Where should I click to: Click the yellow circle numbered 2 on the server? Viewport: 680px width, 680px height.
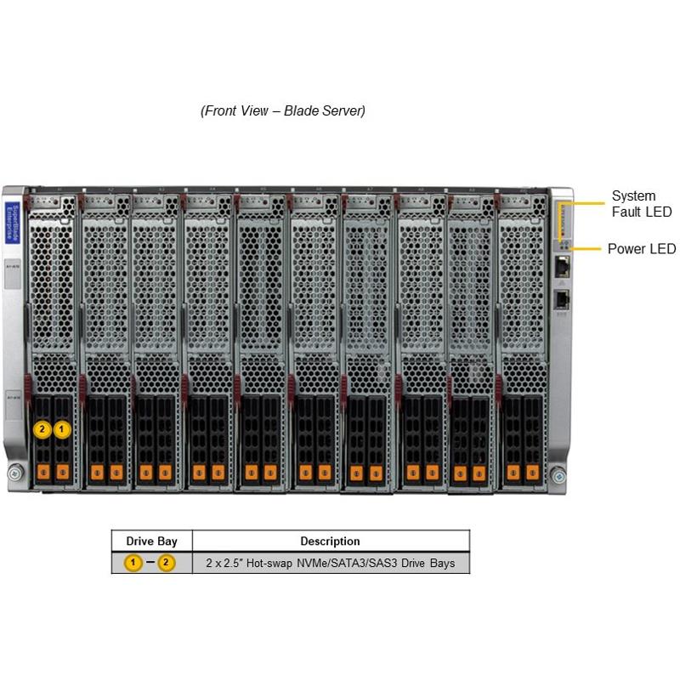(x=42, y=429)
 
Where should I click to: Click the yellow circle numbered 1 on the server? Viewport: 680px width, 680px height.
(x=61, y=429)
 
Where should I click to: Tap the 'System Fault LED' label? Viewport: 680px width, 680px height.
(x=641, y=204)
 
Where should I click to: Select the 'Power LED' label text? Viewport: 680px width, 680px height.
(x=642, y=249)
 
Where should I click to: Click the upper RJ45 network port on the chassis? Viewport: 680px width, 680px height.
(x=562, y=267)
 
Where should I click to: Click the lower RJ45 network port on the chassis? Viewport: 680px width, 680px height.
(x=562, y=298)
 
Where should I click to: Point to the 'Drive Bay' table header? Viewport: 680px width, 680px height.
(x=151, y=541)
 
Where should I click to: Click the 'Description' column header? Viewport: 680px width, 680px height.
(x=330, y=541)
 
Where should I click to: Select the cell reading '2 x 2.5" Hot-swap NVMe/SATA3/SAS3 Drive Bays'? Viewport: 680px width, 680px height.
(x=330, y=563)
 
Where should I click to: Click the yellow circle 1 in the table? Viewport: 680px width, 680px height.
(x=133, y=563)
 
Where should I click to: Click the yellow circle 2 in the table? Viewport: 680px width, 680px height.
(x=167, y=563)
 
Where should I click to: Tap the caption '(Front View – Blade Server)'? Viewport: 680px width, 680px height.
(x=283, y=111)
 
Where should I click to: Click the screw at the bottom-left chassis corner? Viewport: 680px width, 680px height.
(x=14, y=473)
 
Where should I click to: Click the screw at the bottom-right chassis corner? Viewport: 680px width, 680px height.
(x=557, y=473)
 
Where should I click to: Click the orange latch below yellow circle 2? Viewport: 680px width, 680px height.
(x=42, y=470)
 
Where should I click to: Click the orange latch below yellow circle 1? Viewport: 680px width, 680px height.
(x=61, y=470)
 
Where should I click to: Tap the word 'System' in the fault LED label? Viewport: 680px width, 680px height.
(x=633, y=196)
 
